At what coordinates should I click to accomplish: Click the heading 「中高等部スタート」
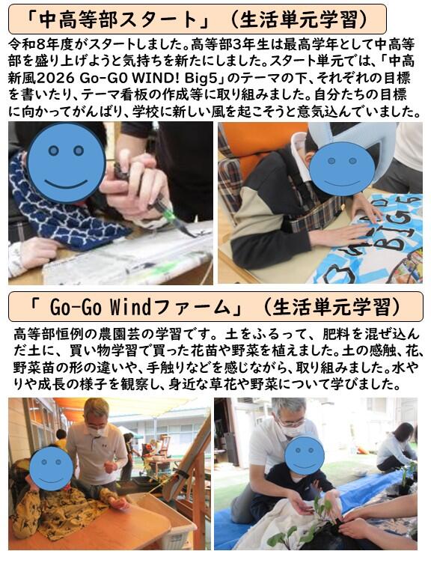point(117,19)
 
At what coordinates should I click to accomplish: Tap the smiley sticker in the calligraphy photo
point(66,163)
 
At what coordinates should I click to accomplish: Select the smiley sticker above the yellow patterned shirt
point(51,467)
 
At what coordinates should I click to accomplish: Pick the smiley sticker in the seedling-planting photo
point(305,456)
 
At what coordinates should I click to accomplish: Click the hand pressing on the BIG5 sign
point(338,234)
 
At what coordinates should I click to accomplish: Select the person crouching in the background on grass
point(396,448)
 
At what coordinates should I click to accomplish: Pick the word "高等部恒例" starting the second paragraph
point(48,334)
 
